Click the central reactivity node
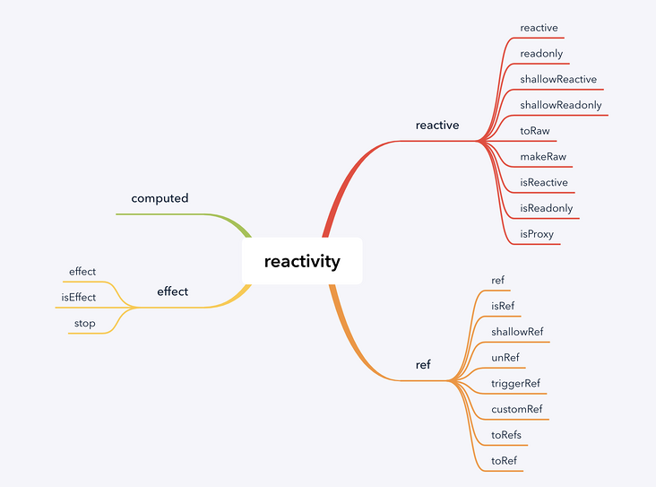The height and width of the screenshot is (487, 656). click(302, 261)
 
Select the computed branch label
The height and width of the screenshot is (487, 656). click(160, 198)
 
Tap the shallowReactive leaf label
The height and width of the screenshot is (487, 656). click(557, 79)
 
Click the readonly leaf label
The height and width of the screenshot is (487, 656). click(541, 53)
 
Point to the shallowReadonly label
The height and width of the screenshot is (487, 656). click(560, 105)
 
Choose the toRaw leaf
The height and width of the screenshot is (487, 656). click(534, 131)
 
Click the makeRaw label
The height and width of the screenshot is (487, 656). click(542, 157)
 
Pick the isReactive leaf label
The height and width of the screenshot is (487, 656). click(543, 183)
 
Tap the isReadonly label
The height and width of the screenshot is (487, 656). click(546, 208)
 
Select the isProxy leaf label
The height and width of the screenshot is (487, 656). click(537, 234)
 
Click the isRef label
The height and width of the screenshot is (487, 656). click(503, 306)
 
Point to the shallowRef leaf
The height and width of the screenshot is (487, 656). click(517, 332)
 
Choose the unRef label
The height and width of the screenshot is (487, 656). click(505, 357)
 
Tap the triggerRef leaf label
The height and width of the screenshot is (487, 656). click(515, 383)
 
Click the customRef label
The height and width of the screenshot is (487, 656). click(516, 410)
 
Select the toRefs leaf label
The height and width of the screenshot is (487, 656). click(506, 435)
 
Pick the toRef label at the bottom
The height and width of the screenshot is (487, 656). click(504, 461)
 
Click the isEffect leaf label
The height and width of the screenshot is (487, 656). click(78, 297)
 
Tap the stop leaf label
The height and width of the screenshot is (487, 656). click(84, 323)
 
